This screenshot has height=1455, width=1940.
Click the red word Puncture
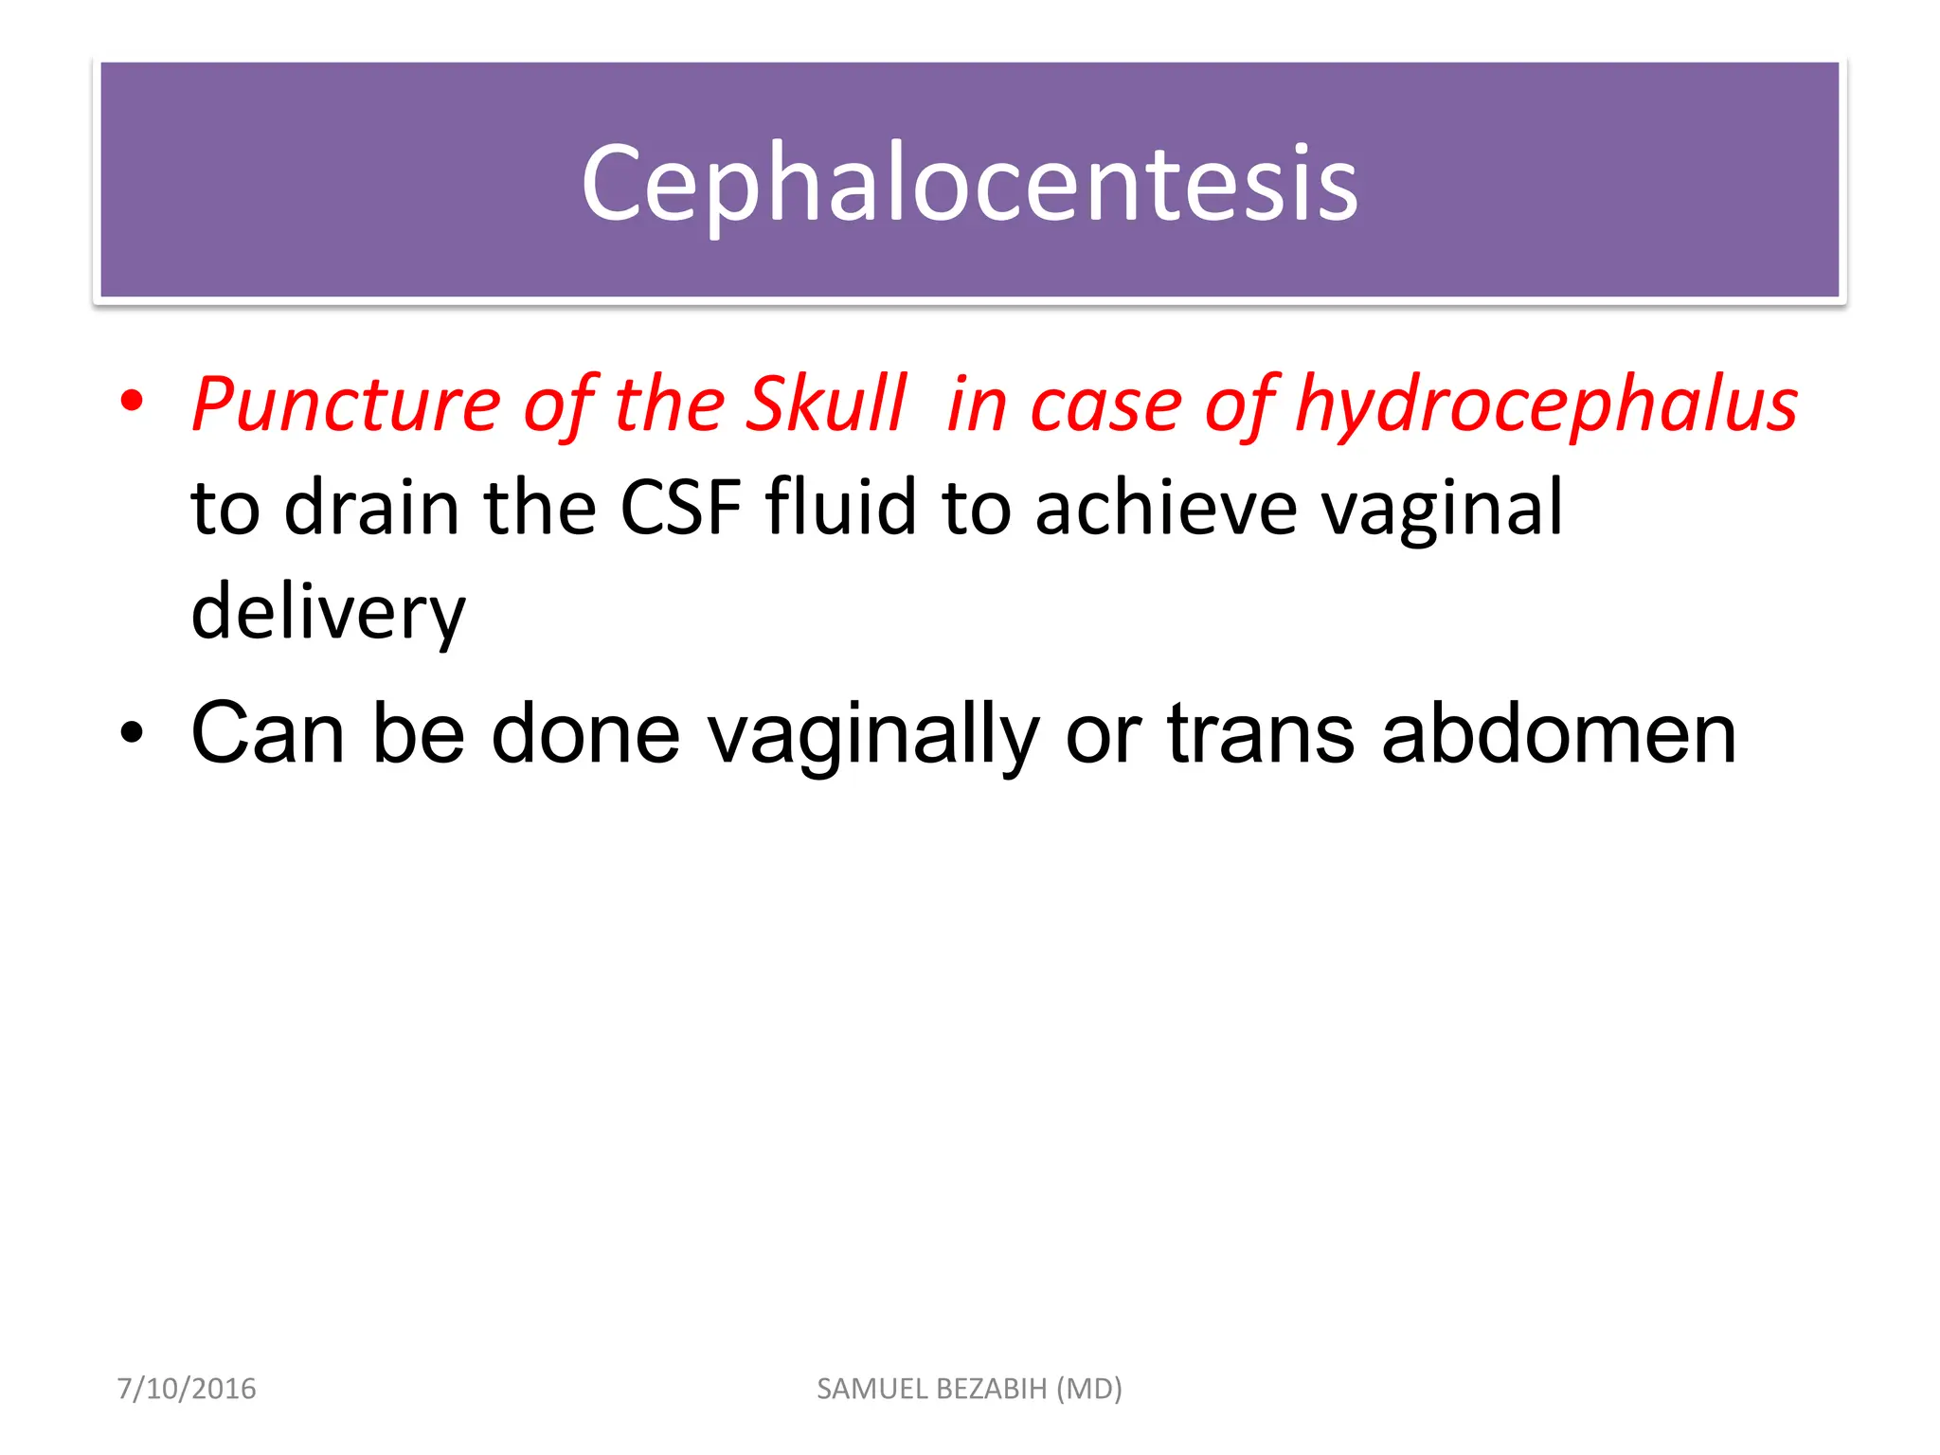click(346, 404)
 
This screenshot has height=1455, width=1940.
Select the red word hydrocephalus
click(1546, 404)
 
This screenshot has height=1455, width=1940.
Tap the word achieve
click(1165, 508)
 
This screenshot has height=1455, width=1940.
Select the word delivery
click(328, 614)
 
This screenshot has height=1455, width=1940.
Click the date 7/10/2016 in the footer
click(187, 1389)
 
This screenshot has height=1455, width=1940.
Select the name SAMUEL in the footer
click(873, 1389)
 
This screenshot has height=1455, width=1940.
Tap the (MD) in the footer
click(1089, 1389)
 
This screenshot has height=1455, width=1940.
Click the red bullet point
click(132, 402)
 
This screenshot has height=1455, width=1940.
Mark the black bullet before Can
click(132, 733)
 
